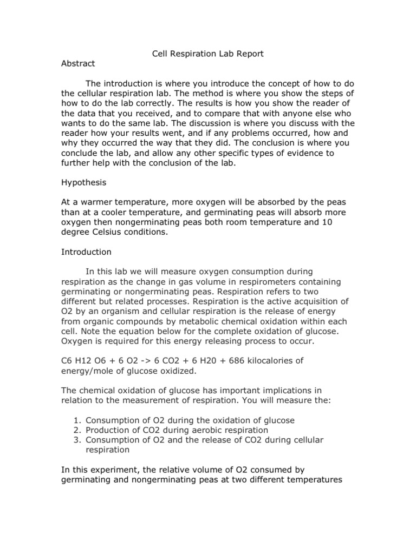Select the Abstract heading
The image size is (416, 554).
coord(78,63)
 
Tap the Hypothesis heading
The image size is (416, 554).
coord(84,183)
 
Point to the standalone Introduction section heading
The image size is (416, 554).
coord(86,252)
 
